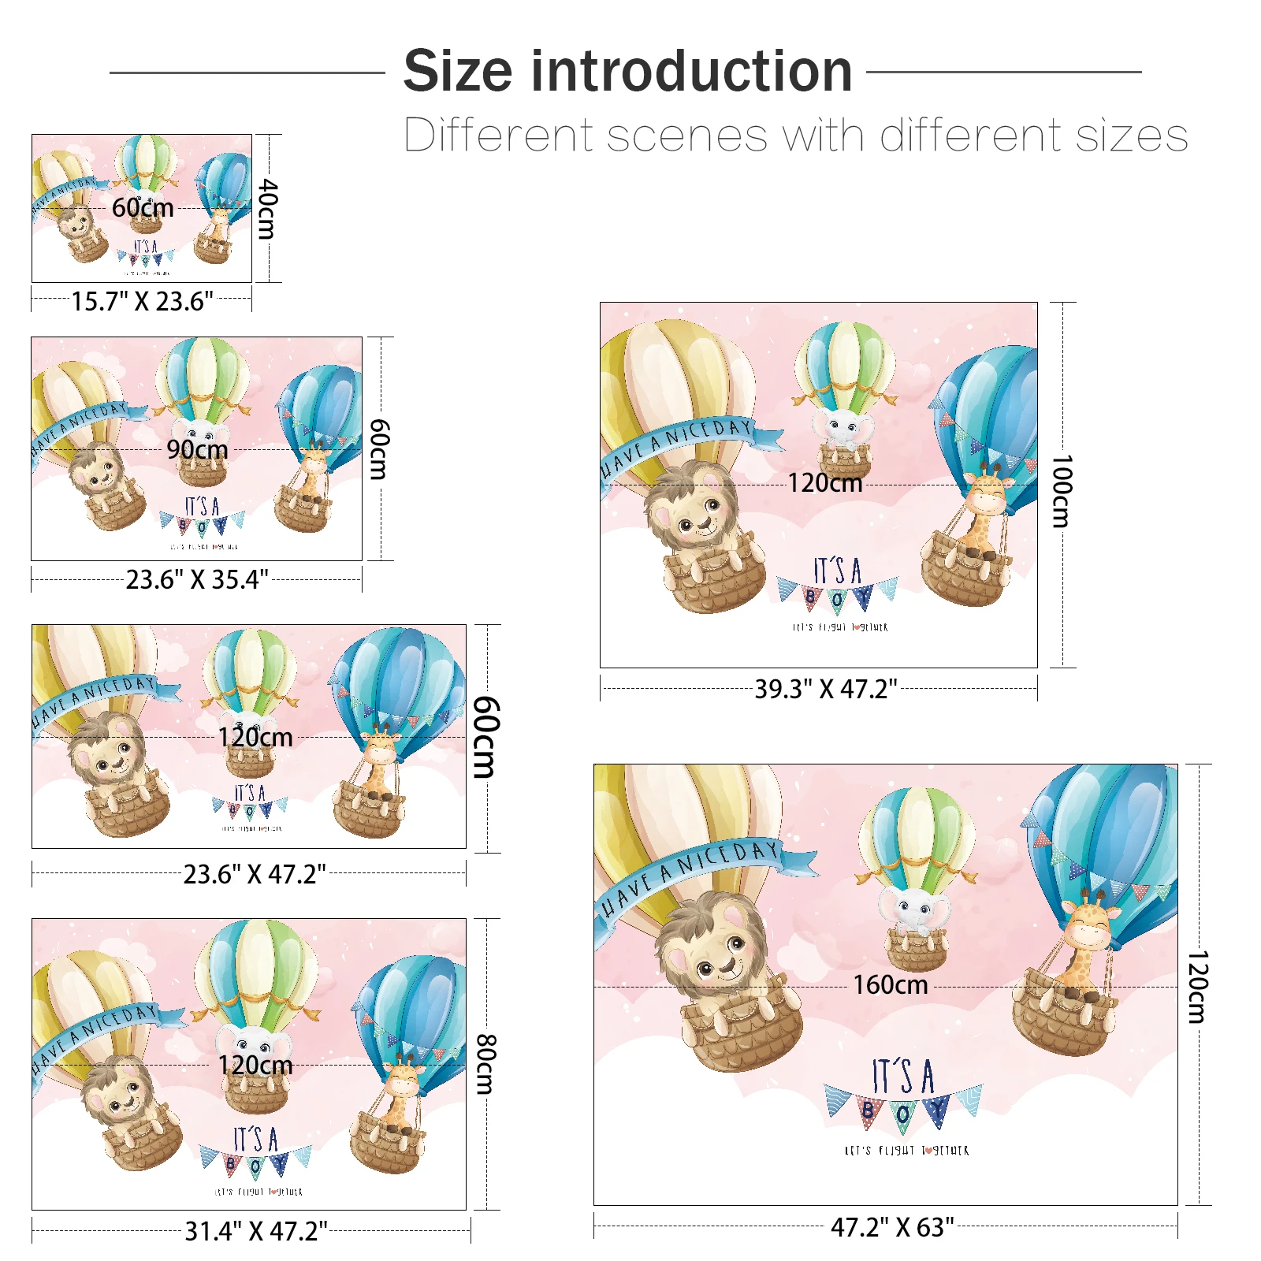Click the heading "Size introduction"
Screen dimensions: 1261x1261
627,71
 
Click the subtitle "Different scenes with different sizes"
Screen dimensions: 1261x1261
795,136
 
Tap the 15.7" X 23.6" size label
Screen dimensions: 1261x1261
142,301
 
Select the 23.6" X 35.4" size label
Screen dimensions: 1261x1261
197,579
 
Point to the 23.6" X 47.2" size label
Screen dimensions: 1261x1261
254,874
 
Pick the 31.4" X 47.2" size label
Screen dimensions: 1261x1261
255,1230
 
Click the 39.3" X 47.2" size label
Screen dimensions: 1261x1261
825,689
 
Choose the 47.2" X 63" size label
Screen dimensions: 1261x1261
891,1227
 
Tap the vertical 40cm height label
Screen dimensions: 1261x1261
268,209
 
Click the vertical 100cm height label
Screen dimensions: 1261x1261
1062,490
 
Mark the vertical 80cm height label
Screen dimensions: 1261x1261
486,1065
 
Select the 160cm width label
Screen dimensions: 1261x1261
890,985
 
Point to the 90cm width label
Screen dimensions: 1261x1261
197,450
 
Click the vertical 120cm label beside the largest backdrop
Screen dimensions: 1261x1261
1196,987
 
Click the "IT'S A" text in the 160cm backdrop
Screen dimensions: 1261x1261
903,1077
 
